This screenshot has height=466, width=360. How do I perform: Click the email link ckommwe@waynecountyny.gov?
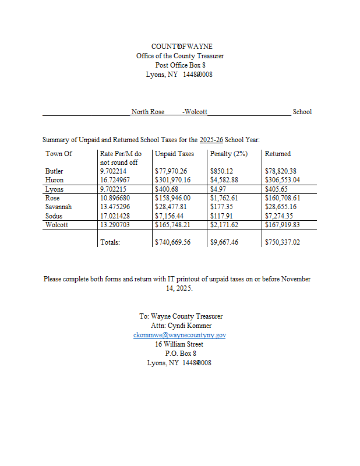pyautogui.click(x=179, y=335)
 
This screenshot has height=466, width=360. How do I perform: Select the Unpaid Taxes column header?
pyautogui.click(x=174, y=154)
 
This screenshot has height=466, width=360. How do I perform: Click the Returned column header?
pyautogui.click(x=277, y=154)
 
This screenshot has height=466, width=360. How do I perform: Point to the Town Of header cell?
pyautogui.click(x=59, y=154)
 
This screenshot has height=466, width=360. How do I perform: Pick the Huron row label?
pyautogui.click(x=54, y=181)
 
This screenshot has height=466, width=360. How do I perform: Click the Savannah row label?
pyautogui.click(x=58, y=207)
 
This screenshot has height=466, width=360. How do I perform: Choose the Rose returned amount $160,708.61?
pyautogui.click(x=283, y=198)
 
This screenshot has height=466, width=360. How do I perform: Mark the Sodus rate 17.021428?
pyautogui.click(x=115, y=216)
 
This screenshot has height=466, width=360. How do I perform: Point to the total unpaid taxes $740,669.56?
pyautogui.click(x=173, y=242)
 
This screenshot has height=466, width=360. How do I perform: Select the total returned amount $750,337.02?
pyautogui.click(x=283, y=242)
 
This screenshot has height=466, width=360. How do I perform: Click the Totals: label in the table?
pyautogui.click(x=110, y=242)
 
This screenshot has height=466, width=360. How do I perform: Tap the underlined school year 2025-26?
pyautogui.click(x=211, y=140)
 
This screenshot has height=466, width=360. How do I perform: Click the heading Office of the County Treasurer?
pyautogui.click(x=180, y=56)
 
